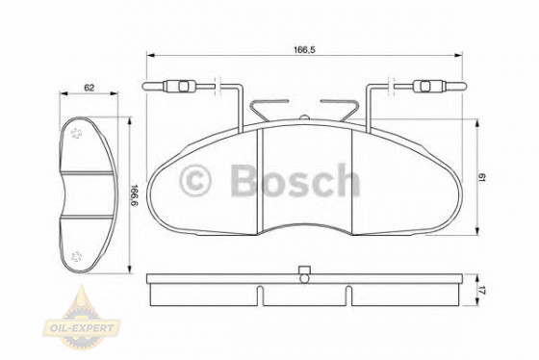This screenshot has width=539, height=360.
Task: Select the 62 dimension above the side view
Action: pyautogui.click(x=89, y=88)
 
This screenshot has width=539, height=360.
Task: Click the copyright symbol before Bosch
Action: pyautogui.click(x=198, y=180)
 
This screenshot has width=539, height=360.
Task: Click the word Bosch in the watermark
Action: pyautogui.click(x=294, y=180)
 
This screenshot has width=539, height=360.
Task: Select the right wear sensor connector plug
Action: pyautogui.click(x=425, y=90)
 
